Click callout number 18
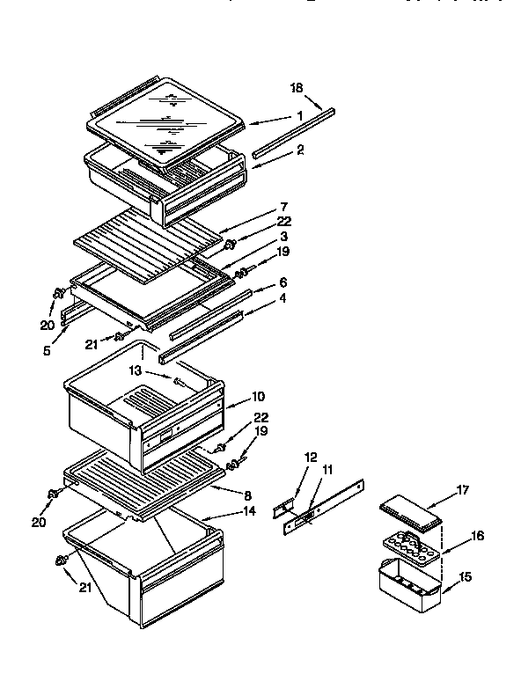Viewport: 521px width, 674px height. click(297, 87)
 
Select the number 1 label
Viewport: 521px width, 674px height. click(299, 115)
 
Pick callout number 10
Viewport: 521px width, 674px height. click(257, 397)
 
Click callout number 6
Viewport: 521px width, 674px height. click(282, 282)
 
